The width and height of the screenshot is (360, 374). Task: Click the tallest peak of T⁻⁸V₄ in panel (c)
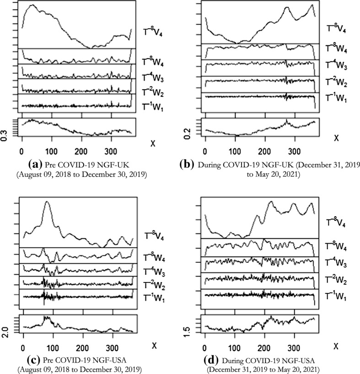47,202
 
